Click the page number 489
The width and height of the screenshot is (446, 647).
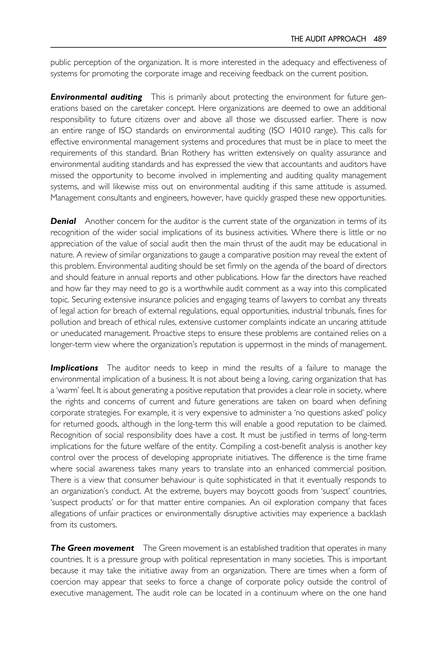tap(380, 39)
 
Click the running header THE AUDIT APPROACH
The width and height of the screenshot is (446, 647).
tap(328, 39)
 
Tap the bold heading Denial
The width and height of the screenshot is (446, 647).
tap(63, 221)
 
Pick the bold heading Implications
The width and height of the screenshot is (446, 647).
tap(74, 368)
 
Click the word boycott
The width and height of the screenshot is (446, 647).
tap(260, 491)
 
